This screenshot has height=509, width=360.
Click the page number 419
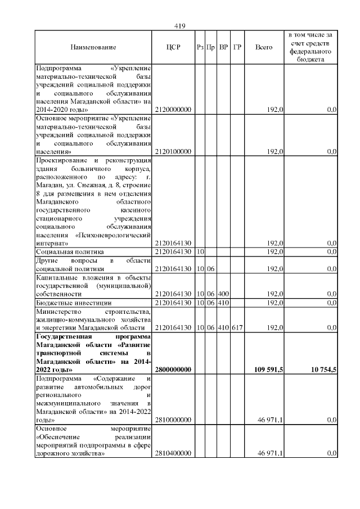(180, 26)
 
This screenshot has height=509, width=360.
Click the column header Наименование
(93, 48)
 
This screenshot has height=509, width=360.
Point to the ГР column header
(237, 48)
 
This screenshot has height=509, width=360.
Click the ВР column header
(223, 48)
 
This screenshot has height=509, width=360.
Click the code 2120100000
(174, 151)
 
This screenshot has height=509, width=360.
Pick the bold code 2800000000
(174, 370)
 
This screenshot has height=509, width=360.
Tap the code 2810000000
(174, 420)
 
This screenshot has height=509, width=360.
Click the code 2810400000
(174, 453)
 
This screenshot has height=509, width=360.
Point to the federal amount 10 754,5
(320, 370)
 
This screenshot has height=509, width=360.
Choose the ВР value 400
(223, 294)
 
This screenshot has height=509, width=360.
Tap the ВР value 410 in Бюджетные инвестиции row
(223, 303)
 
